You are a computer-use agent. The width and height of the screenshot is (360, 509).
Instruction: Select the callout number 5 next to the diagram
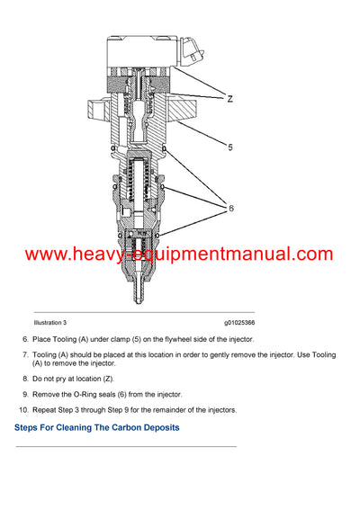tap(229, 147)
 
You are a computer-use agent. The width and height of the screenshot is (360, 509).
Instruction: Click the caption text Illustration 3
tap(50, 322)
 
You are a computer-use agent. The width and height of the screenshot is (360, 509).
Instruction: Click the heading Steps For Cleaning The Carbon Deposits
tap(96, 428)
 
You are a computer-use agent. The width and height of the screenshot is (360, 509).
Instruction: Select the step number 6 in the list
tap(24, 339)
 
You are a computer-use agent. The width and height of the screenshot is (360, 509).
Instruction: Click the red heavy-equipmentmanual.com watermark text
tap(179, 254)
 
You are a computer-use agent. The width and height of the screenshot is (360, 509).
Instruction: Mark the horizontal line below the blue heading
tap(126, 447)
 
